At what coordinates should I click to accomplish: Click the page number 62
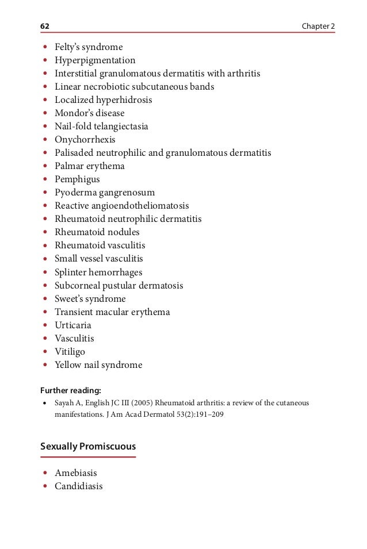[44, 27]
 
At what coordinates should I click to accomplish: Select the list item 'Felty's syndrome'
[89, 47]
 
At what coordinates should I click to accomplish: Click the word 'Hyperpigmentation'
[95, 60]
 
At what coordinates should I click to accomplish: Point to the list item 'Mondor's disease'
[89, 113]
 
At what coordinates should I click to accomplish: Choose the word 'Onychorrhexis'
[85, 140]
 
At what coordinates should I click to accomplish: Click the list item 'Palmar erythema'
[89, 166]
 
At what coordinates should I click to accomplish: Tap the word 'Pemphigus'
[77, 179]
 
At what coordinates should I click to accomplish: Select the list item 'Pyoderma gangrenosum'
[105, 193]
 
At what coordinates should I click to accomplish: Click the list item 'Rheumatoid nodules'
[97, 232]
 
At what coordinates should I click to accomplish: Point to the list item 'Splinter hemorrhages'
[98, 272]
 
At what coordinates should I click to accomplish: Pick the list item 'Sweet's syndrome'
[90, 299]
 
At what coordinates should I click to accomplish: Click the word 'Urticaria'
[72, 325]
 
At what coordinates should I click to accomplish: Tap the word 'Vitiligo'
[70, 352]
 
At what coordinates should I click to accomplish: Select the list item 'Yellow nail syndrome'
[98, 365]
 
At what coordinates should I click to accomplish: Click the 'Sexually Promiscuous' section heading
[87, 447]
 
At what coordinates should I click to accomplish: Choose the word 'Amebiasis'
[75, 473]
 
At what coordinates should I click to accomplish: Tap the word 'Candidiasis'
[78, 486]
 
